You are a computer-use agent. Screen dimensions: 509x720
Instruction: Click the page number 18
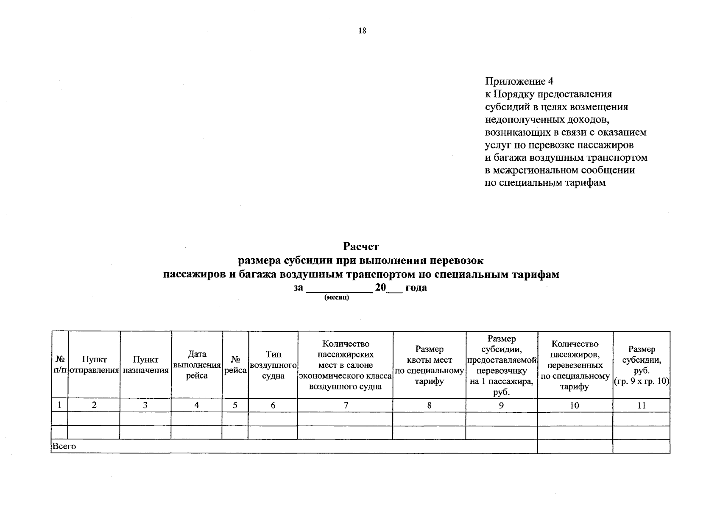362,31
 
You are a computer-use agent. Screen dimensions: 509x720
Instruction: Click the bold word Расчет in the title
360,246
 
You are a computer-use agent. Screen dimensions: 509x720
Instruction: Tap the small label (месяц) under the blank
336,298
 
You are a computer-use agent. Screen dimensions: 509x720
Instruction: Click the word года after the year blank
416,288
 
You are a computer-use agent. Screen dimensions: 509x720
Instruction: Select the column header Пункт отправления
94,365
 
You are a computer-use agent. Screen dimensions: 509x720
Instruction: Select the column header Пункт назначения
145,365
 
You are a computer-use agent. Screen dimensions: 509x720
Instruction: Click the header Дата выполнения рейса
197,365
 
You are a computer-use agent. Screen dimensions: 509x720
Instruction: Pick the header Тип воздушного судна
273,365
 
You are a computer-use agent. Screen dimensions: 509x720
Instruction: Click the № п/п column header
60,365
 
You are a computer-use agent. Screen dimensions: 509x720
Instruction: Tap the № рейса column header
235,365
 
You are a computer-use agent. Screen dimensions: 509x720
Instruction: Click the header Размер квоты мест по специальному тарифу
429,365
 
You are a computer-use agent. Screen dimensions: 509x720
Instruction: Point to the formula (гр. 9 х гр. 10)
641,381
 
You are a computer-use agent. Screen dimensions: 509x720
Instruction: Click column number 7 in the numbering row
346,406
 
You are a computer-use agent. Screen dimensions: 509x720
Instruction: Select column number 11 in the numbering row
641,406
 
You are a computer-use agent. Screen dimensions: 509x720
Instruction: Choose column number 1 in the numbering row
60,406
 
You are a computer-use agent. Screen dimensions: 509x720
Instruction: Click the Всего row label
64,447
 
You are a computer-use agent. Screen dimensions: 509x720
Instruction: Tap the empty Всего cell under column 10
575,447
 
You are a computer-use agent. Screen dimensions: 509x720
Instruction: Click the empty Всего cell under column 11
641,447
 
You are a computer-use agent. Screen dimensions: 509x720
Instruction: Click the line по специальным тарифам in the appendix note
545,183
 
